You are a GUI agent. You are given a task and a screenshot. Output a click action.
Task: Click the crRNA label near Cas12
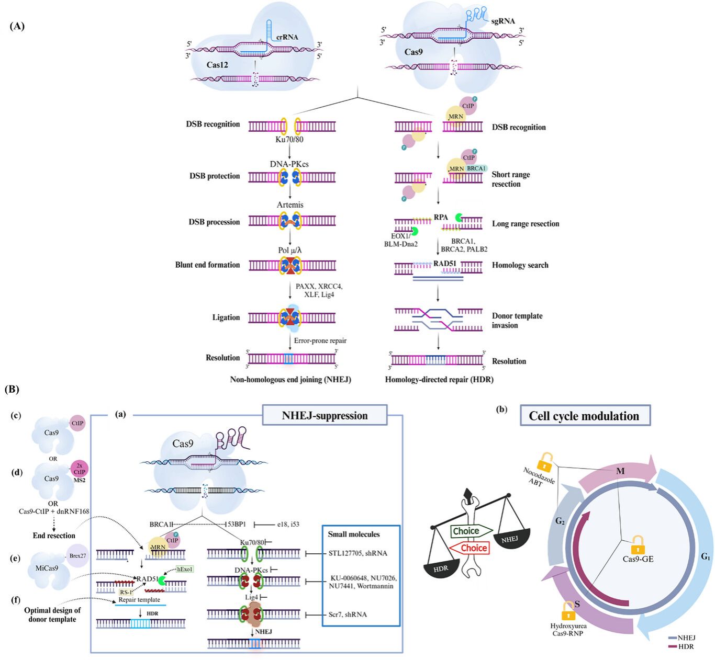pos(287,37)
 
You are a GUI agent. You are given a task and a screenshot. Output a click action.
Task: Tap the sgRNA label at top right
pos(503,21)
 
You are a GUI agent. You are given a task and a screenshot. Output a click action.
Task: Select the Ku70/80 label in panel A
pos(289,140)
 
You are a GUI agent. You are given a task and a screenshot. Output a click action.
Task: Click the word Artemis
pos(290,204)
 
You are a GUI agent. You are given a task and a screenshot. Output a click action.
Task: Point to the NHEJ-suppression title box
pos(325,415)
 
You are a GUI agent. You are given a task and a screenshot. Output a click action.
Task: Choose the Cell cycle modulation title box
pos(585,416)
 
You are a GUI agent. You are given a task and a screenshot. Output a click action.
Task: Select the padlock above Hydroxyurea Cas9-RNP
pos(568,611)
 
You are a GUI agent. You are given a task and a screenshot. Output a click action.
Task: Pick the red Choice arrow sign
pos(469,548)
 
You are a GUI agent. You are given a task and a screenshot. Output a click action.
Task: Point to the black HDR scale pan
pos(441,568)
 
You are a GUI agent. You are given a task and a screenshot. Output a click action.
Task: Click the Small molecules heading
pos(353,534)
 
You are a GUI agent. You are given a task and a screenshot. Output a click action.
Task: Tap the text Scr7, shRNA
pos(348,615)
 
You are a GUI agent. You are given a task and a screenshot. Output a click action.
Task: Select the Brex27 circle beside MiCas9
pos(77,556)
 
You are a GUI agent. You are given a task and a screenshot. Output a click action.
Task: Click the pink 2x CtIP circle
pos(80,469)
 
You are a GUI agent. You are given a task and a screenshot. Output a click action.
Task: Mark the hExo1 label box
pos(185,569)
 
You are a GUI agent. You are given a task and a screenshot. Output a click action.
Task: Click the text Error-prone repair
pos(320,340)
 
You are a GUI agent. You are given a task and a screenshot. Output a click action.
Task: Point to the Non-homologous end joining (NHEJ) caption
pos(291,380)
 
